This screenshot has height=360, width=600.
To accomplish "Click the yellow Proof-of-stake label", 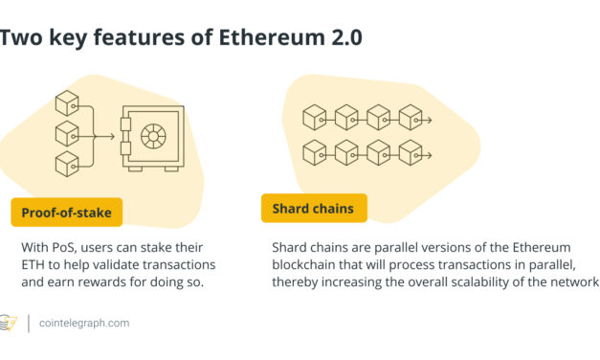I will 67,210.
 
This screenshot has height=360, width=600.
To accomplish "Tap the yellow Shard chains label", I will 313,209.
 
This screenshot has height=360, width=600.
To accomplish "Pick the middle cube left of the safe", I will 66,133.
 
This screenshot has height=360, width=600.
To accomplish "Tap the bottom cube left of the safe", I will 66,163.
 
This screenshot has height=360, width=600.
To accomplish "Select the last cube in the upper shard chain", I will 411,118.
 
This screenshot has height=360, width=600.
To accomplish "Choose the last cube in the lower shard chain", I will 411,152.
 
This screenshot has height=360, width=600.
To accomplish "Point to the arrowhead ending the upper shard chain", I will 433,120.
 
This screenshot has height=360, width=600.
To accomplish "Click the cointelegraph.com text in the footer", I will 84,324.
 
